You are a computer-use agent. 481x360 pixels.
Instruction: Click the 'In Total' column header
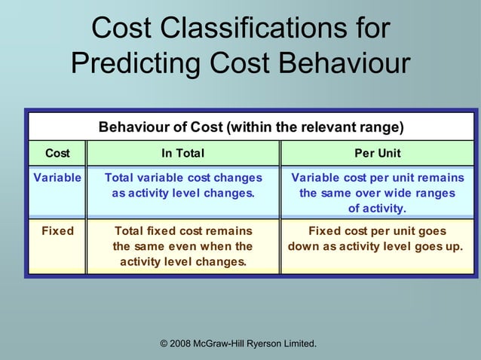[183, 153]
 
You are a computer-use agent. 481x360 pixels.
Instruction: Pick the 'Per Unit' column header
[378, 153]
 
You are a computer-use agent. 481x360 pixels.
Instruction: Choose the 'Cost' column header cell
[57, 153]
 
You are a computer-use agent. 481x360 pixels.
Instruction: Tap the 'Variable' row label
[57, 178]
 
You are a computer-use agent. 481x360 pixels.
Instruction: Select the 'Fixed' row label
[57, 231]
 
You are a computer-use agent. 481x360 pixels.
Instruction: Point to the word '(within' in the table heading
[250, 127]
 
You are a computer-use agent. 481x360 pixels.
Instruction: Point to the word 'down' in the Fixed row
[304, 246]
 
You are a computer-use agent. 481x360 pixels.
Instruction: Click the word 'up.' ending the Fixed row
[453, 246]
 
